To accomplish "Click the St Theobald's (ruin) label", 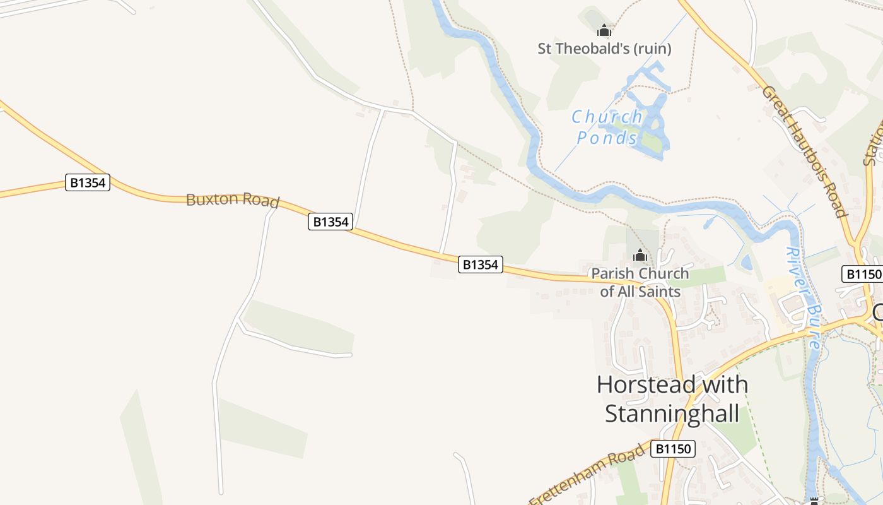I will [x=604, y=49].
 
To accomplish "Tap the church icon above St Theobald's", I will [x=604, y=30].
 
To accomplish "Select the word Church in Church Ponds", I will [x=607, y=117].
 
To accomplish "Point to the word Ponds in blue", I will [x=607, y=138].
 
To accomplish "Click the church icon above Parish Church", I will [x=640, y=256].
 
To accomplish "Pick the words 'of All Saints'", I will [x=640, y=292].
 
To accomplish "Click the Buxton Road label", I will [x=232, y=200].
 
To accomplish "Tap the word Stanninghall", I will [x=672, y=414].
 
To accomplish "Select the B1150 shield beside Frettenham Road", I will [x=674, y=449].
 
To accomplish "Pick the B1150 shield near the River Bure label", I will [x=862, y=274].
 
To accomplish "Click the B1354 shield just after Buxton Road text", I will [x=330, y=222].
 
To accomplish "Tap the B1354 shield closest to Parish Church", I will [x=480, y=264].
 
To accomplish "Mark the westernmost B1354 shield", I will [x=88, y=183].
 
